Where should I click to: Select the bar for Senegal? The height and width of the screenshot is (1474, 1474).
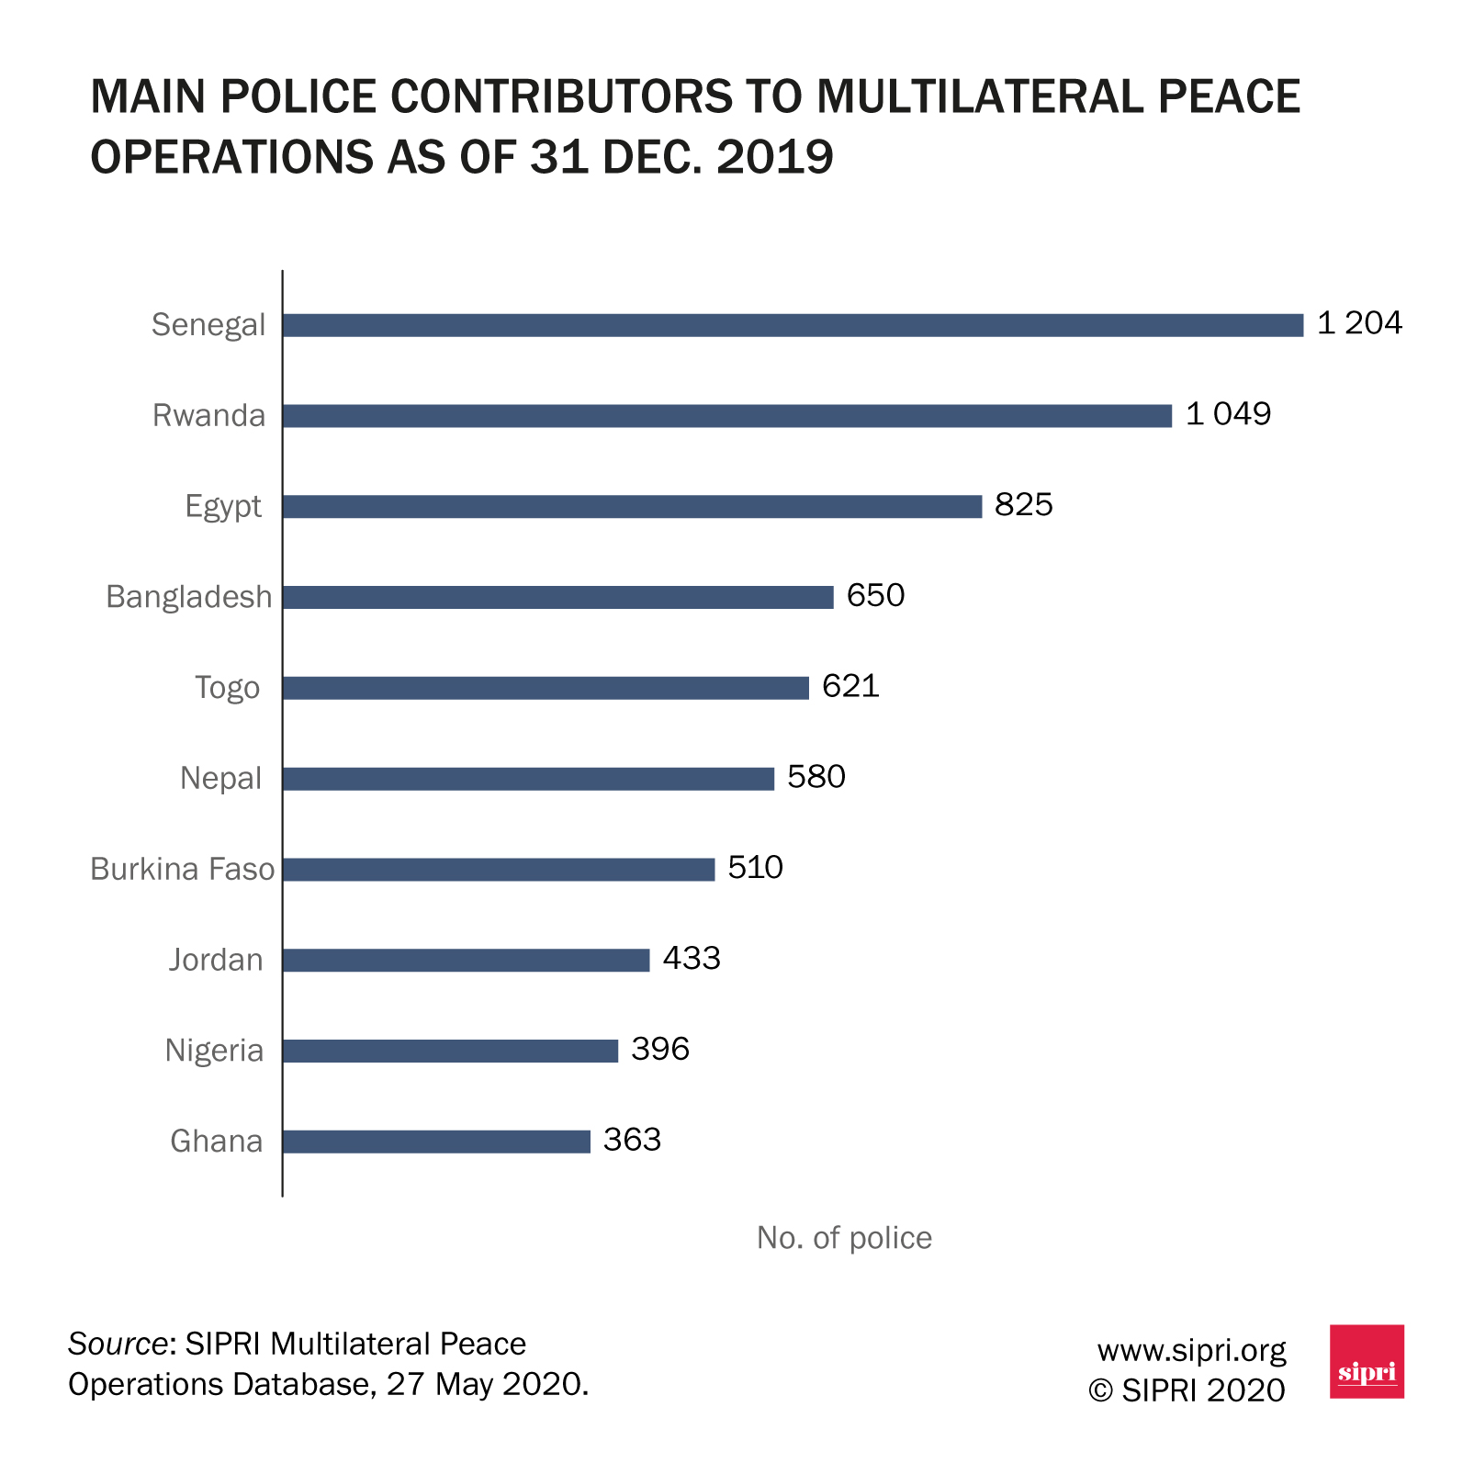(x=793, y=325)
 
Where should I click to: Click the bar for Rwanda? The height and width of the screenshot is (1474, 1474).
(x=726, y=416)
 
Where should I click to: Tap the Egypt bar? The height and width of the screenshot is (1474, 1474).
(x=632, y=507)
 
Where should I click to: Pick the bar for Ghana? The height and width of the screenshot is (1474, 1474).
(x=436, y=1142)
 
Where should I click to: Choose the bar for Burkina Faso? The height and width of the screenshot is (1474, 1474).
(x=499, y=870)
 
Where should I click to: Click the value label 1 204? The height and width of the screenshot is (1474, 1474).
(x=1359, y=323)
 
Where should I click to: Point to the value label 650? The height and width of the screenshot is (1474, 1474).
(x=875, y=596)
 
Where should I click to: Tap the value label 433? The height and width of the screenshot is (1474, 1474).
(x=692, y=959)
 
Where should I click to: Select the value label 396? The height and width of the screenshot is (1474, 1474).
(x=660, y=1050)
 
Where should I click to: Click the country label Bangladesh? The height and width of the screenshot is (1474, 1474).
(x=189, y=597)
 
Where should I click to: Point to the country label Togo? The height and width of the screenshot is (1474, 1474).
(x=227, y=688)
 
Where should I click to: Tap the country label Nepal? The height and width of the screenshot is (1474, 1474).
(x=220, y=779)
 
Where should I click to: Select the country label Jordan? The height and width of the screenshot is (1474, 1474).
(x=216, y=960)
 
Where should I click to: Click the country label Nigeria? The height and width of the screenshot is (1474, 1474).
(x=214, y=1051)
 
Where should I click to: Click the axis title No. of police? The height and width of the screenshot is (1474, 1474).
(x=844, y=1238)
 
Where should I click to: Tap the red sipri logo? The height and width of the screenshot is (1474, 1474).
(x=1367, y=1362)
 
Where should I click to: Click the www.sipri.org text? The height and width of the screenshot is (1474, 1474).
(x=1191, y=1350)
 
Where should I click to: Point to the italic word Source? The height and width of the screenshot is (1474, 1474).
(x=117, y=1345)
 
